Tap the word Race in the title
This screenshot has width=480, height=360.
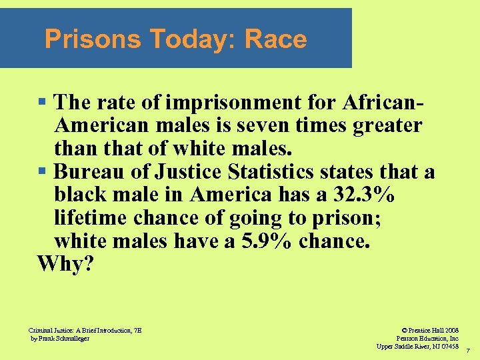point(275,40)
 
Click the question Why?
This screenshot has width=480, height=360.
point(66,265)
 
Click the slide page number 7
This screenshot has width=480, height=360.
point(468,350)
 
